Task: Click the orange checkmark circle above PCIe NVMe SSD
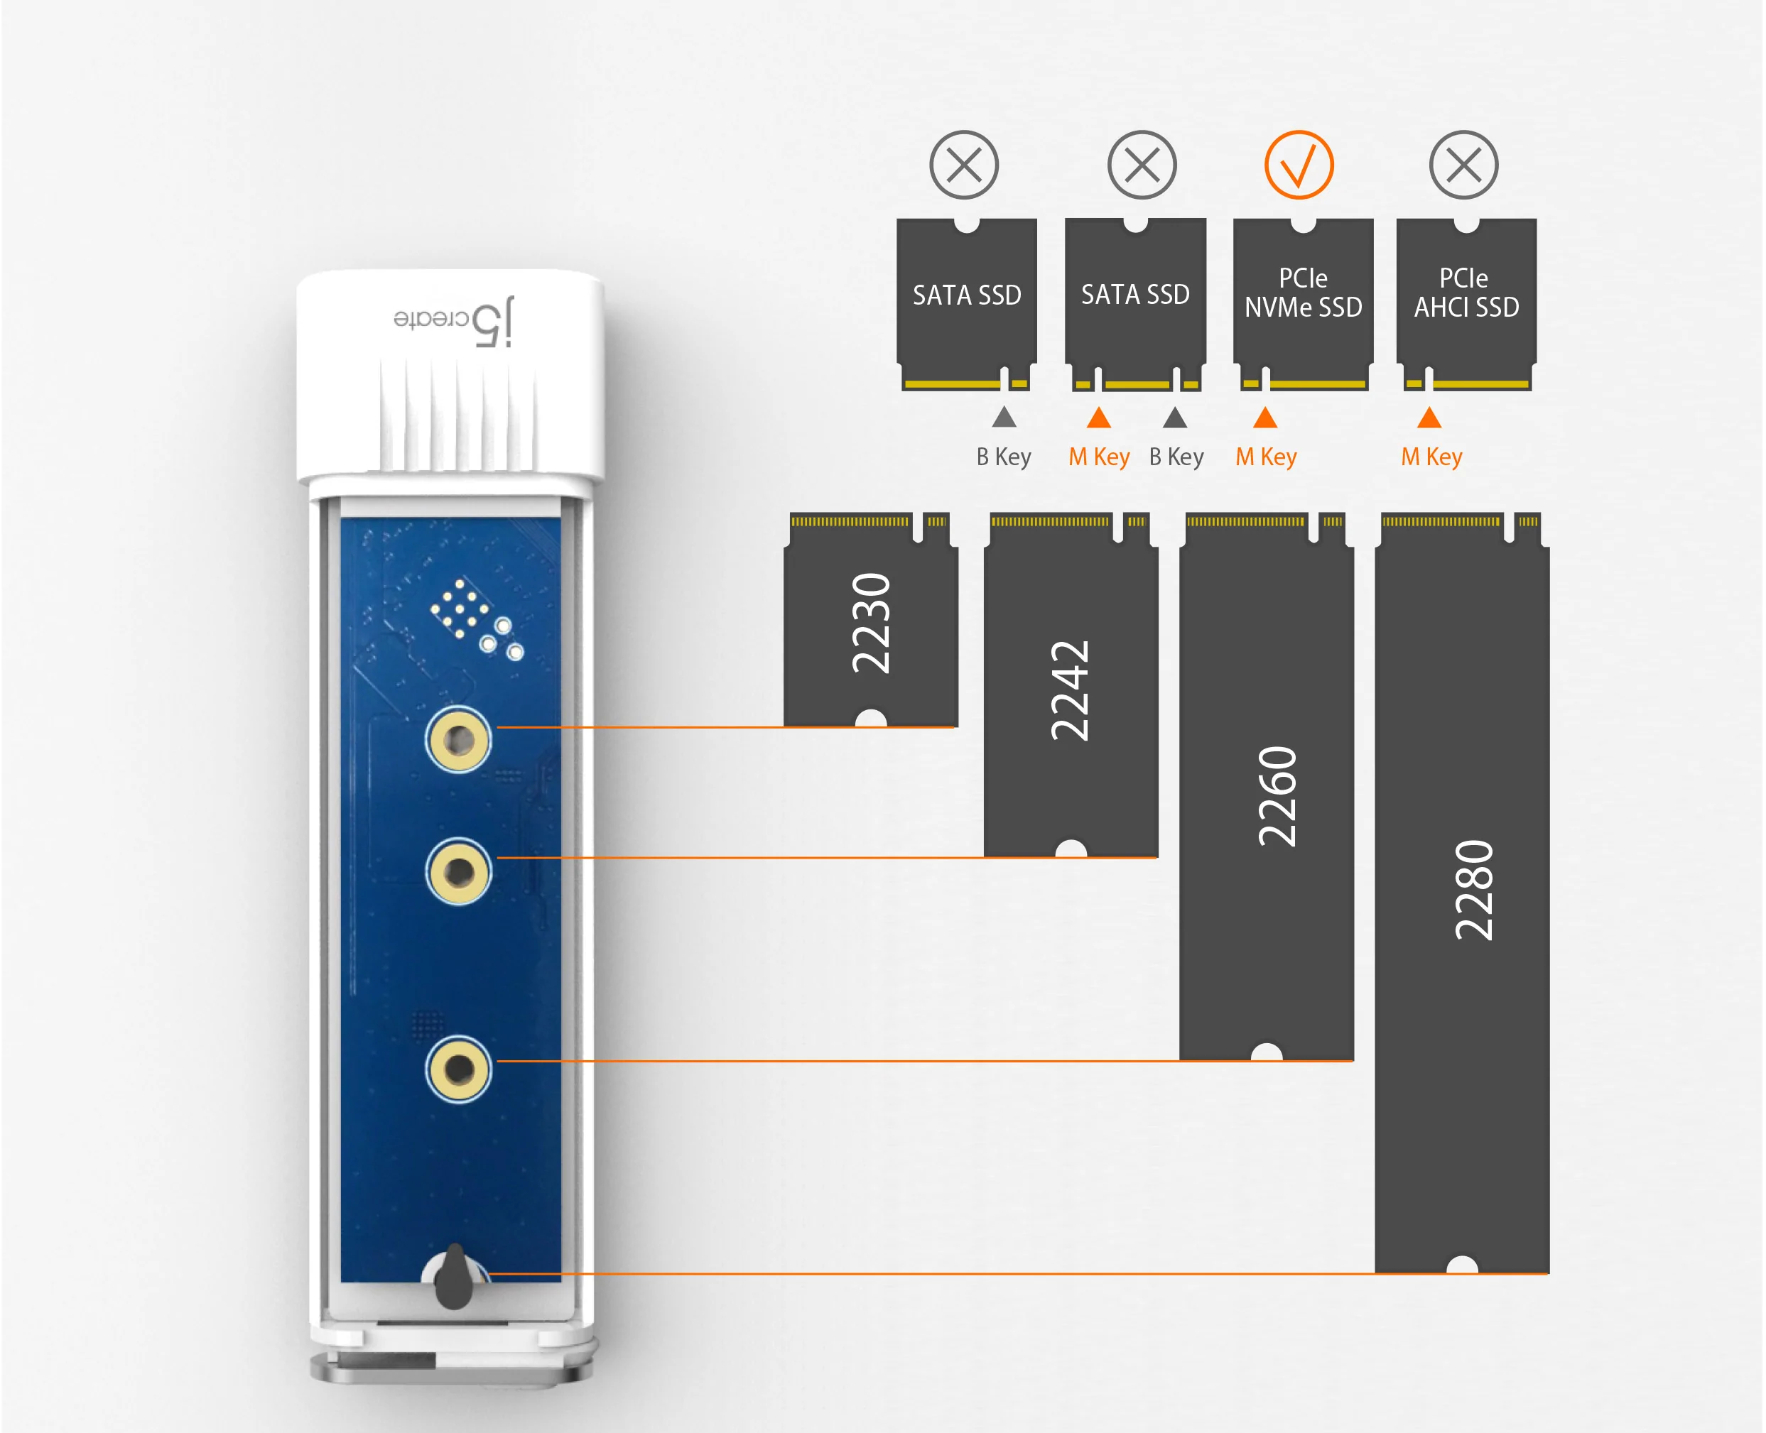click(x=1298, y=165)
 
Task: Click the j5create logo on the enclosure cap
click(x=453, y=320)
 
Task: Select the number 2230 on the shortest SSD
click(x=871, y=623)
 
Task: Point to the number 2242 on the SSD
click(x=1070, y=691)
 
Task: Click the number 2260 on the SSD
click(x=1277, y=797)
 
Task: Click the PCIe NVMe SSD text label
click(x=1303, y=293)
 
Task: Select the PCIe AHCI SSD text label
click(x=1466, y=293)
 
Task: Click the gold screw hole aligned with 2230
click(x=458, y=740)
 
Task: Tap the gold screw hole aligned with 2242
click(x=458, y=872)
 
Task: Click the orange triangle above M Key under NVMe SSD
click(x=1265, y=418)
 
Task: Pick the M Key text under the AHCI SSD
click(x=1431, y=457)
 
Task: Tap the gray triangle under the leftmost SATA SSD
click(x=1004, y=418)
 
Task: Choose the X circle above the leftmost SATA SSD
click(x=963, y=165)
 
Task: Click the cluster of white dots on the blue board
click(x=460, y=609)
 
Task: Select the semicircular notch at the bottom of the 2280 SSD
click(x=1462, y=1265)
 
